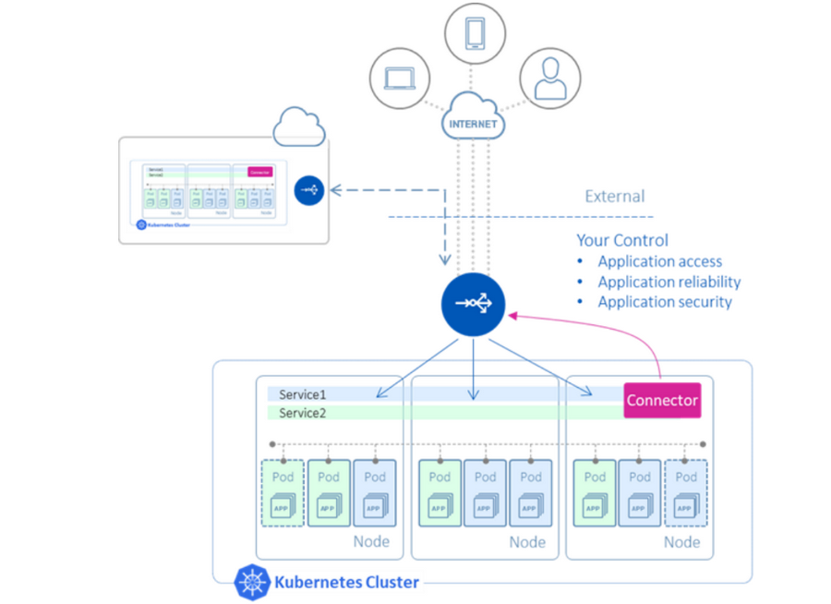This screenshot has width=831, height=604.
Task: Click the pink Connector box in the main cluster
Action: tap(661, 401)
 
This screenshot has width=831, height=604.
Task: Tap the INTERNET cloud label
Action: tap(473, 123)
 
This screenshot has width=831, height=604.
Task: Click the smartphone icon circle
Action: tap(475, 34)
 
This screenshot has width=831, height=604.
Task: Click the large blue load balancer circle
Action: tap(473, 304)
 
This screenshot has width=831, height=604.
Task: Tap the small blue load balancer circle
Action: tap(309, 190)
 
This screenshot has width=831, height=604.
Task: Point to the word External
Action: tap(615, 197)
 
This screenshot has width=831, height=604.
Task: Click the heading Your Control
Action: tap(622, 240)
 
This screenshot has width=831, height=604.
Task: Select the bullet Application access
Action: tap(659, 261)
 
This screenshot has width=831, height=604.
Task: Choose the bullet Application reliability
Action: tap(668, 282)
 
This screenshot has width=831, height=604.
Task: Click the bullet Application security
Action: tap(664, 302)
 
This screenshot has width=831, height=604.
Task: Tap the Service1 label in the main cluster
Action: tap(303, 394)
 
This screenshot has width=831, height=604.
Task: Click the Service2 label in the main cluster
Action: tap(303, 412)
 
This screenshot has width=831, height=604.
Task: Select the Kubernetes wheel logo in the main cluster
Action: tap(251, 582)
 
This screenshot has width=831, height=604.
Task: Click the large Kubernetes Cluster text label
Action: tap(346, 582)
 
